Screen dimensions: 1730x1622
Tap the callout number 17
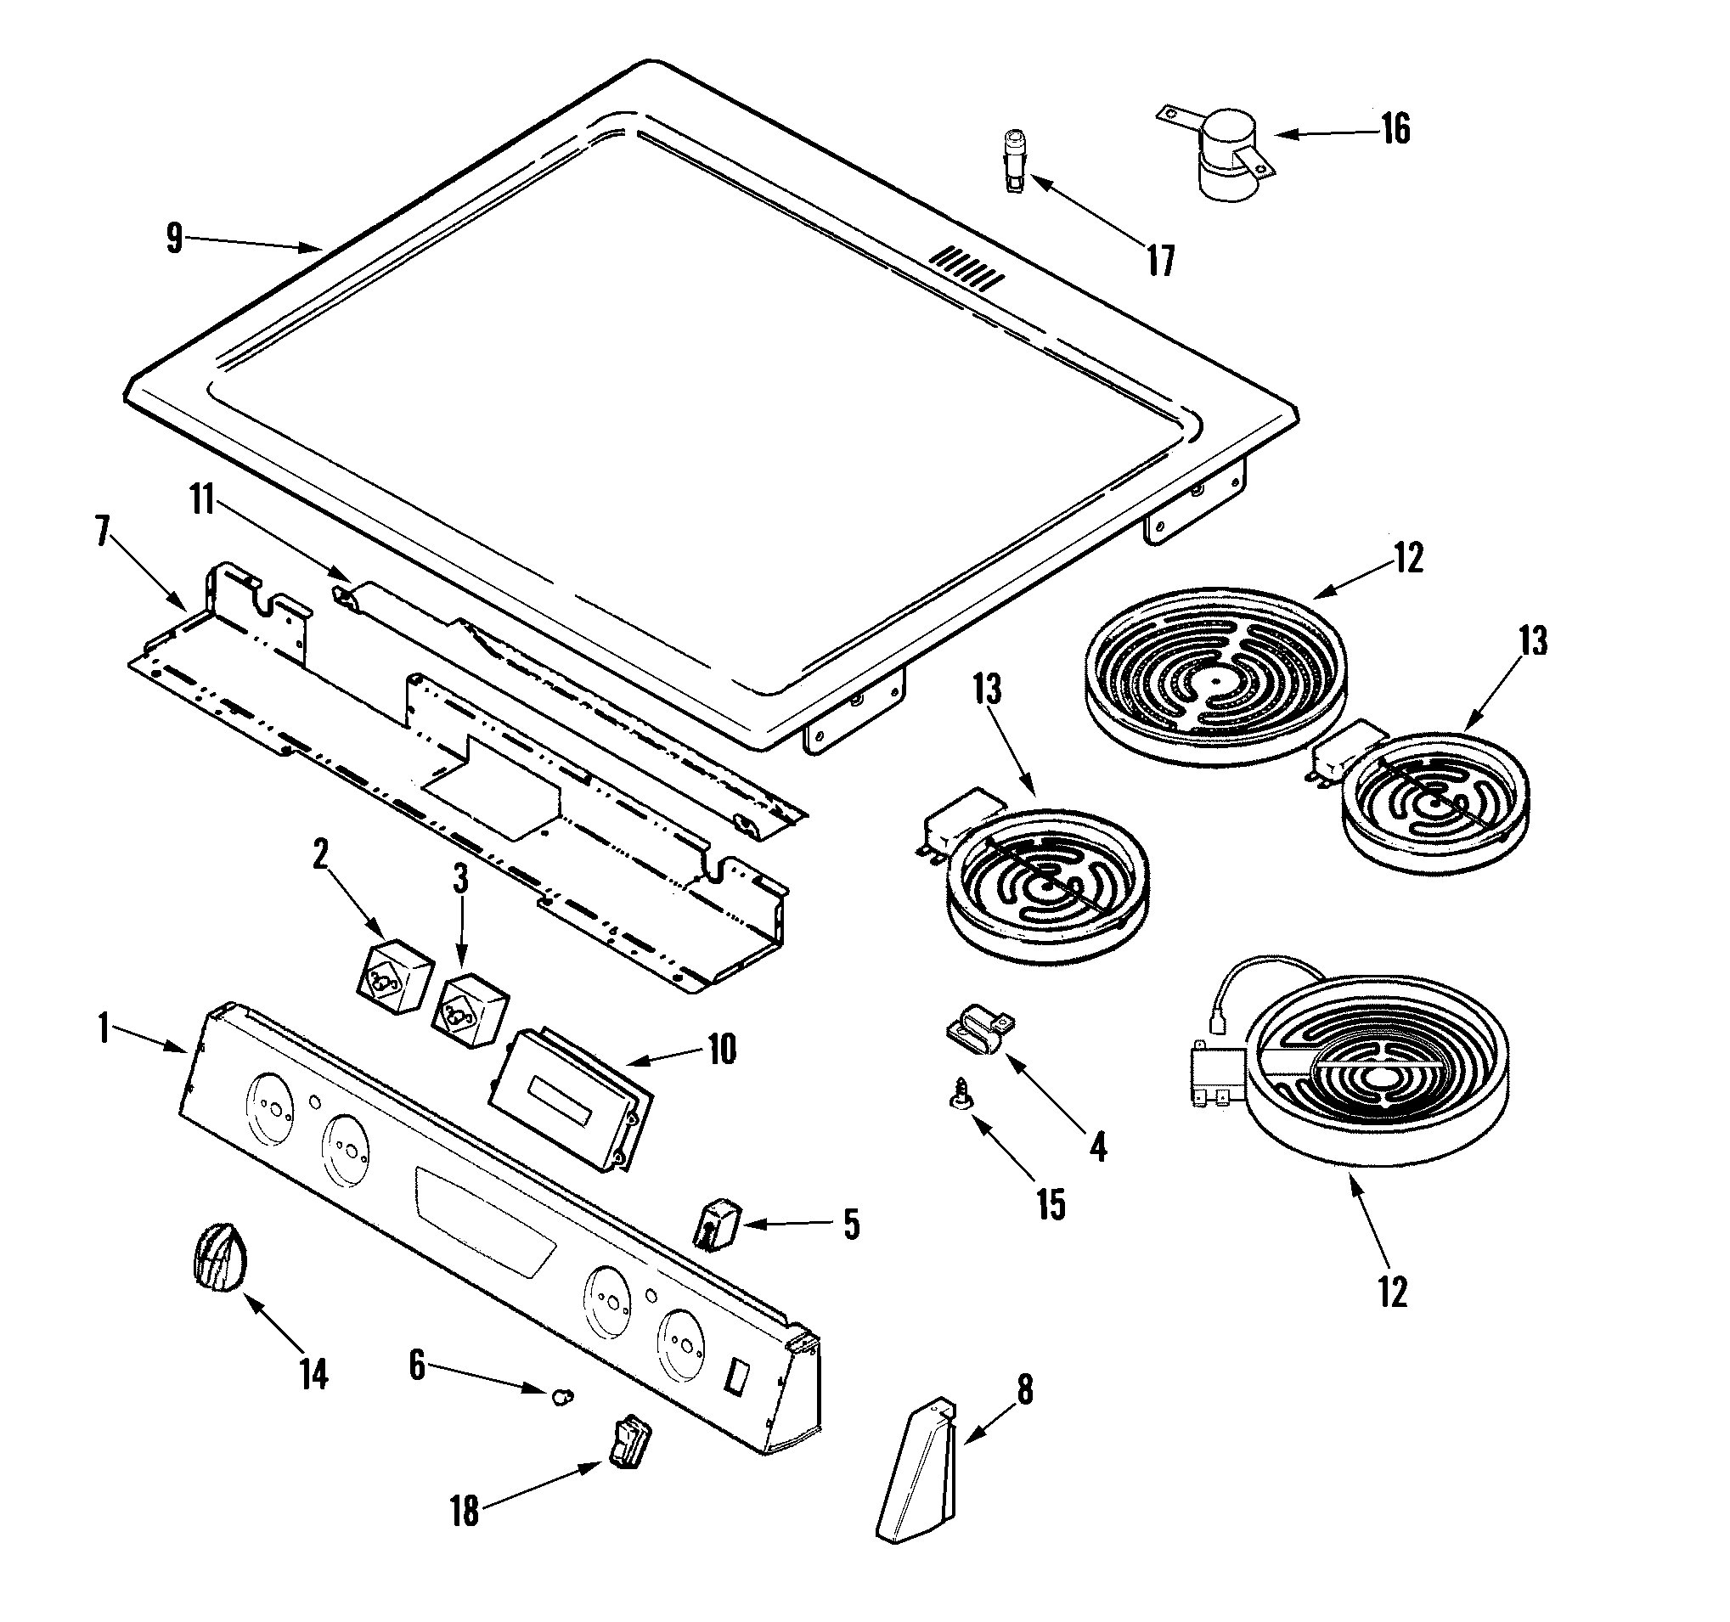[1161, 260]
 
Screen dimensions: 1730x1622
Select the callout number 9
[175, 238]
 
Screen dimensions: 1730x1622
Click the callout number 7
[103, 531]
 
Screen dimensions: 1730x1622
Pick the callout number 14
[313, 1374]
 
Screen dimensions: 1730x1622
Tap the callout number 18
[464, 1511]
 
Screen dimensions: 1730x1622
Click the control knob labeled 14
[218, 1257]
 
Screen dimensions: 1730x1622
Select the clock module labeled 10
[570, 1101]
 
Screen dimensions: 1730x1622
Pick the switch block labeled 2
[395, 977]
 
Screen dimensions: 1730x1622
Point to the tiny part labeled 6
[562, 1398]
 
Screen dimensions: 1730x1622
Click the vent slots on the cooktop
[966, 268]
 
